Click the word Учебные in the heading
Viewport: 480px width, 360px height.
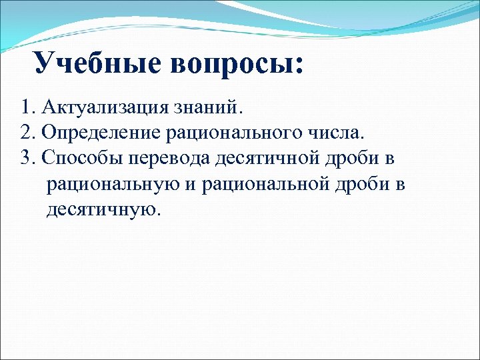pos(96,63)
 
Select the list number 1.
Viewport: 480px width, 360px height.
pos(25,107)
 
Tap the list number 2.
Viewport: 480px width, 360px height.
pos(26,132)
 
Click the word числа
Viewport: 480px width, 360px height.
pos(337,132)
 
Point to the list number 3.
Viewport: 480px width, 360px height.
pos(26,158)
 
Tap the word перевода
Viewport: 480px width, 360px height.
pos(170,159)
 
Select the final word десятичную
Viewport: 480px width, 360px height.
pos(103,211)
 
